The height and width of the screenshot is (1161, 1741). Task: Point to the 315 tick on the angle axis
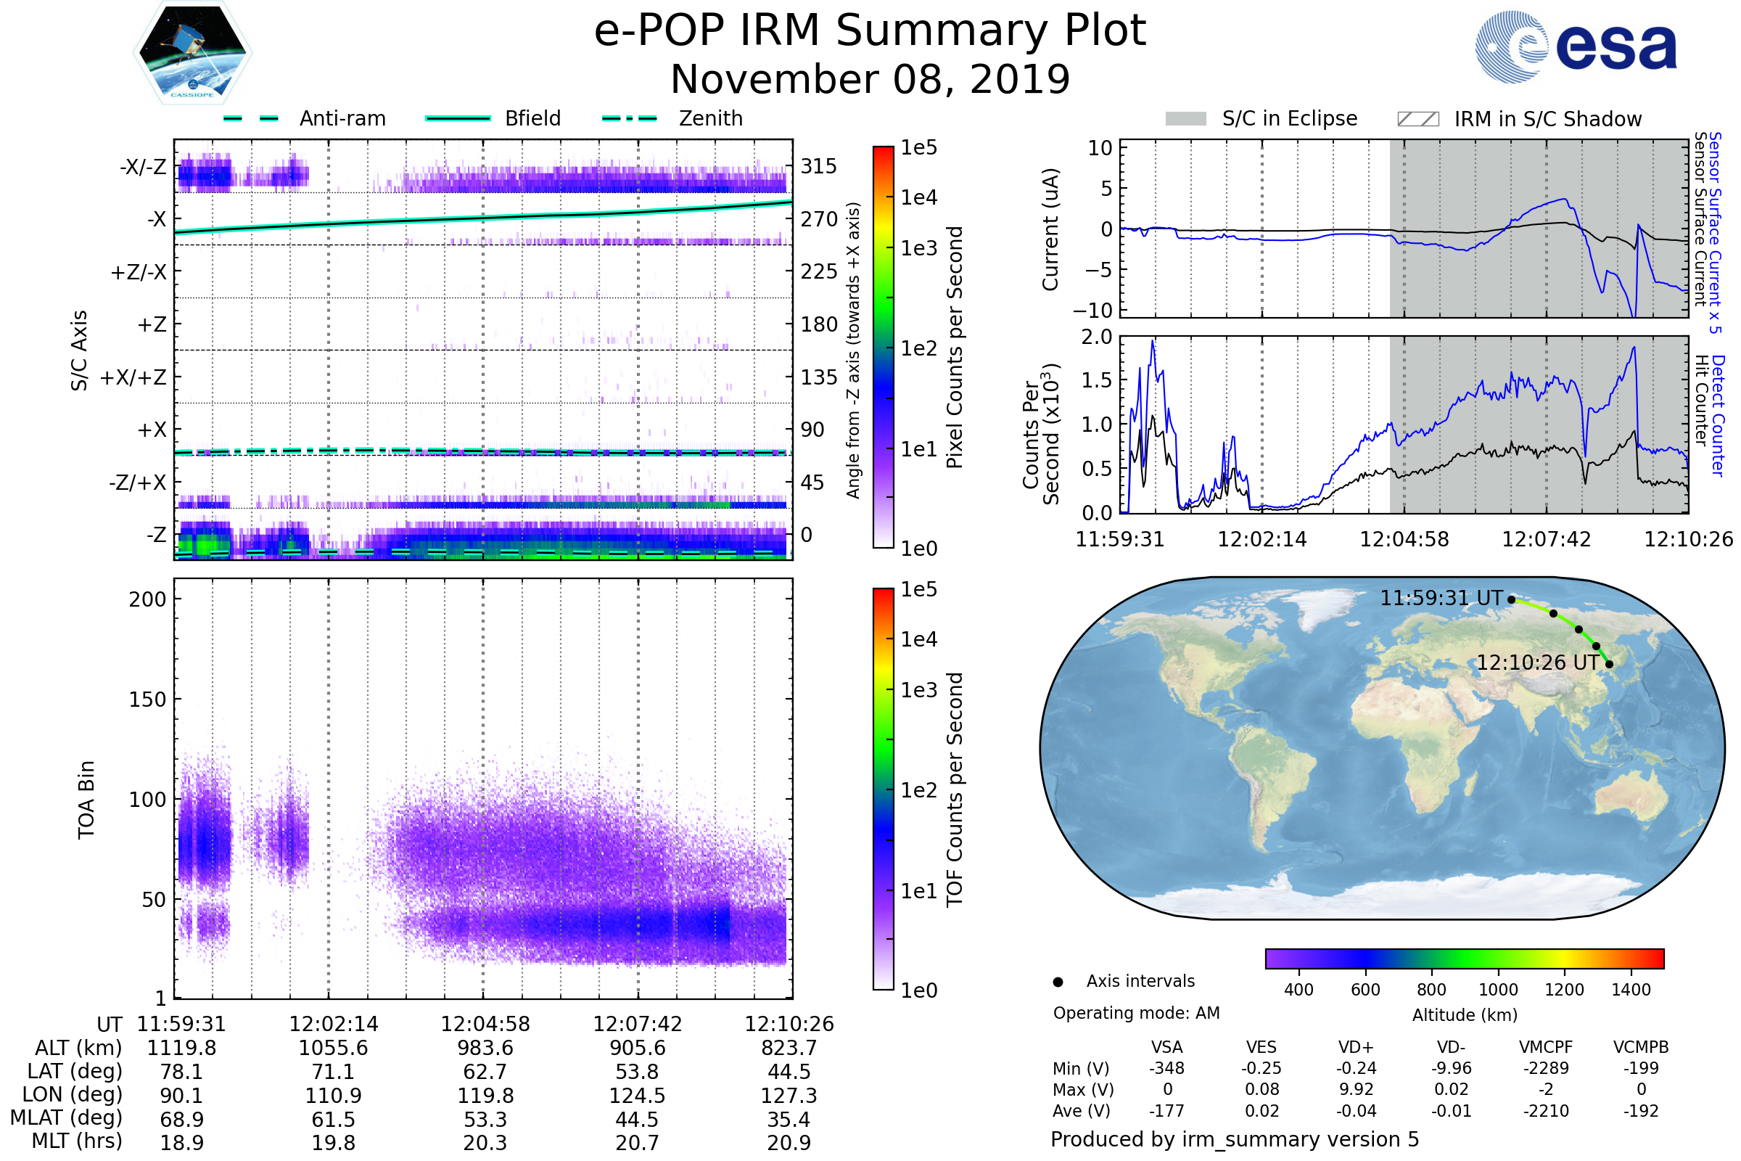(818, 166)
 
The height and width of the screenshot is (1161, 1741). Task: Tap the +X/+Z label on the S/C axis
(133, 377)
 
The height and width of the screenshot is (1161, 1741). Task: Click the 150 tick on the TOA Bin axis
(147, 700)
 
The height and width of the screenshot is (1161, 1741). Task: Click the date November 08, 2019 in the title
(870, 79)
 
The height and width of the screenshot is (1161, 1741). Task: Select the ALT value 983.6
(485, 1048)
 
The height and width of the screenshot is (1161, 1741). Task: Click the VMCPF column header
(1546, 1047)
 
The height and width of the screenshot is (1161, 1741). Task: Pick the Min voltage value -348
(1166, 1068)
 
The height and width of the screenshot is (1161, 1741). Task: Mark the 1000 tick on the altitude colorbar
(1498, 990)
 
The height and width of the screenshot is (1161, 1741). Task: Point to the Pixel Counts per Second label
(955, 348)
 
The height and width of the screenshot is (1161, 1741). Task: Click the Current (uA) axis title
(1050, 229)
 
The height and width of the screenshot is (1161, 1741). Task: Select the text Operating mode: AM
(1136, 1013)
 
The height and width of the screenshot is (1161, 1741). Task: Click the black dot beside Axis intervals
(1058, 982)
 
